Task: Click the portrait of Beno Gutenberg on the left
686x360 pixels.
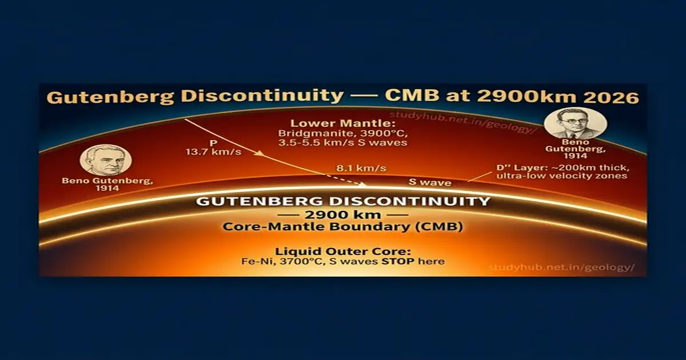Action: (105, 159)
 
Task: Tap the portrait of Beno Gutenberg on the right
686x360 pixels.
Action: (575, 123)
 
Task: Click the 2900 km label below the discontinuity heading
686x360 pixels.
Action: (343, 215)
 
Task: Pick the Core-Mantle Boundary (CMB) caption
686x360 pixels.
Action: (343, 227)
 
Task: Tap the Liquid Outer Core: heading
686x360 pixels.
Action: (343, 251)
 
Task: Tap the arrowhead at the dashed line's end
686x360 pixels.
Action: (364, 184)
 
